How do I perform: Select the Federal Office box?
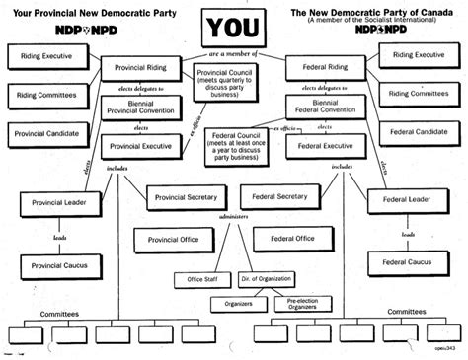tap(291, 238)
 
